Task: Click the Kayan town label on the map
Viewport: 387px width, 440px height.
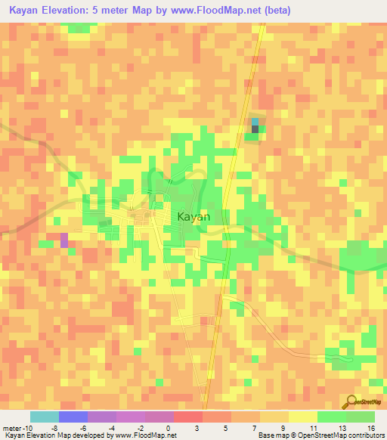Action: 193,216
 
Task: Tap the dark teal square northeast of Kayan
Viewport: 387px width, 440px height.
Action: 255,129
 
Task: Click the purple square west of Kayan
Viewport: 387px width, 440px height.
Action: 63,240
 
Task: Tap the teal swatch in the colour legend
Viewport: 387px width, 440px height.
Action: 45,417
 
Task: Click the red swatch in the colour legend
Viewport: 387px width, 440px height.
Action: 188,417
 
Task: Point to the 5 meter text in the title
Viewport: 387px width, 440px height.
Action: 119,11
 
